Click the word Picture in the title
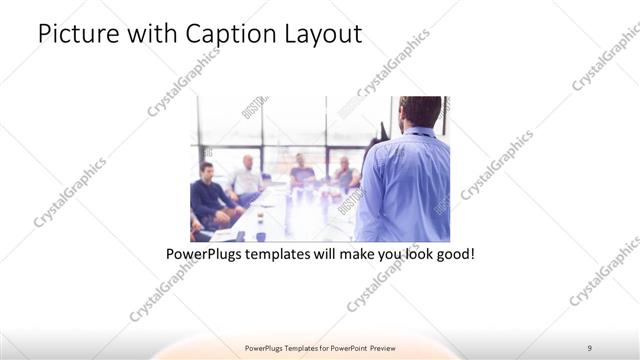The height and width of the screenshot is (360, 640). [76, 34]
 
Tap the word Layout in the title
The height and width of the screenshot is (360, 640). [322, 34]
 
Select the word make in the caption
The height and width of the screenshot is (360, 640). [365, 255]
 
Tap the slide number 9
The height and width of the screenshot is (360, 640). [590, 348]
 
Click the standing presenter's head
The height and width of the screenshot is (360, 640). [413, 113]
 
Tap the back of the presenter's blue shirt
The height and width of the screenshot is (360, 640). [405, 190]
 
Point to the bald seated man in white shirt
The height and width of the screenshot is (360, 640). [246, 176]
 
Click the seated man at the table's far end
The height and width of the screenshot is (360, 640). [301, 170]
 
